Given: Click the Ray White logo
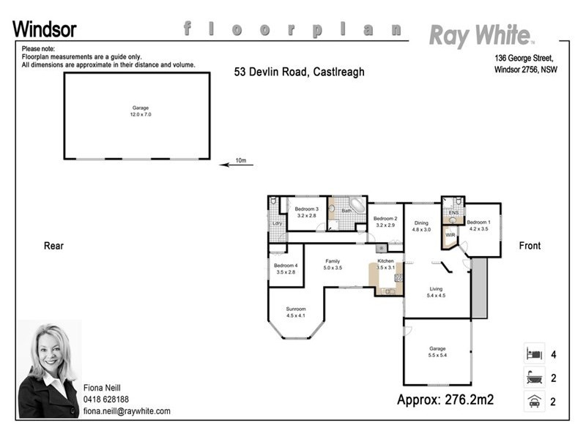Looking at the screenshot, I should point(481,34).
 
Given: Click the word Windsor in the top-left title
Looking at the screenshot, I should point(44,29).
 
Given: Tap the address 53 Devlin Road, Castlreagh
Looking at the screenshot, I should point(299,72).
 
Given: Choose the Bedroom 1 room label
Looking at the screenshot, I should point(478,222).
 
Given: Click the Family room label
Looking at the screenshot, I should point(333,261).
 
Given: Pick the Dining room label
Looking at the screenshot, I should point(421,223).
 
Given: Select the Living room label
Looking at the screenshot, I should point(436,290).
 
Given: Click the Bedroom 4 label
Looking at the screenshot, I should point(285,266).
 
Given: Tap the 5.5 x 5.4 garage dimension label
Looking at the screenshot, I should point(437,355).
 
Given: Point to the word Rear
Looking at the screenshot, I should point(53,246).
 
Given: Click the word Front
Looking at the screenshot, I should point(530,246).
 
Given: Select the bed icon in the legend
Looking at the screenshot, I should point(533,355).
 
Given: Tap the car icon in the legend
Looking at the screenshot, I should point(533,401).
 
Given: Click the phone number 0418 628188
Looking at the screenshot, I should point(105,399).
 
